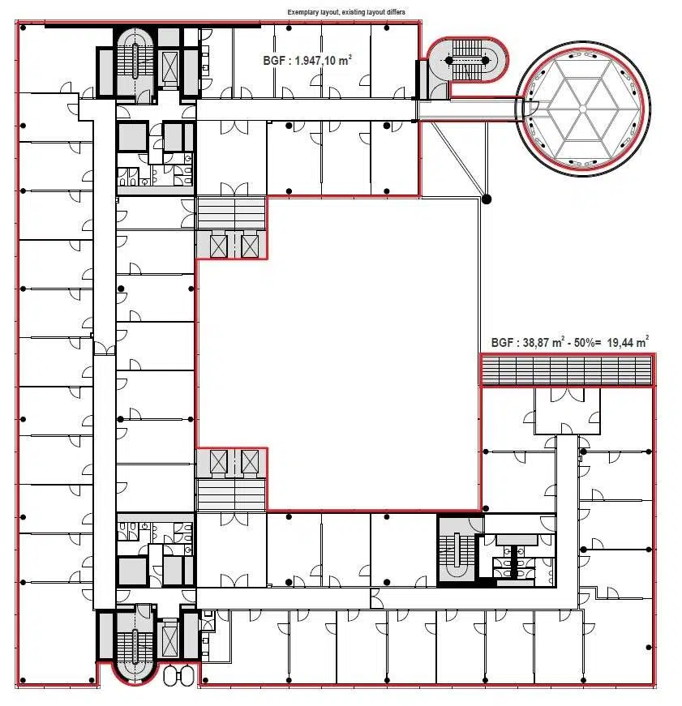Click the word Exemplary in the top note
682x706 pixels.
click(x=302, y=12)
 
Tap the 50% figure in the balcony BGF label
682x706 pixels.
click(x=584, y=343)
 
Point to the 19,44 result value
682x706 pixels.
click(x=620, y=343)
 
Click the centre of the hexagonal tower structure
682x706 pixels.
click(x=582, y=109)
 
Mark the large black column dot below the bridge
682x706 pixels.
click(x=486, y=199)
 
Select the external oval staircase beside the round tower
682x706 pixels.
click(x=468, y=60)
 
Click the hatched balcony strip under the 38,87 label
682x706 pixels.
click(x=567, y=370)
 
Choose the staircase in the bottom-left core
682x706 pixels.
click(x=135, y=644)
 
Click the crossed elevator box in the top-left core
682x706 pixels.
click(x=169, y=66)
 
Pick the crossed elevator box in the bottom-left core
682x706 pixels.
click(x=169, y=640)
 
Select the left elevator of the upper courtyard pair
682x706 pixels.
click(x=219, y=246)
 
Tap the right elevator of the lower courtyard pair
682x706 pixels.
click(x=250, y=461)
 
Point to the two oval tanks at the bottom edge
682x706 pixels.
click(x=179, y=675)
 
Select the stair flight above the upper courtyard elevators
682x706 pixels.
click(x=231, y=213)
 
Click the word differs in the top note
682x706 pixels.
click(x=394, y=12)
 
